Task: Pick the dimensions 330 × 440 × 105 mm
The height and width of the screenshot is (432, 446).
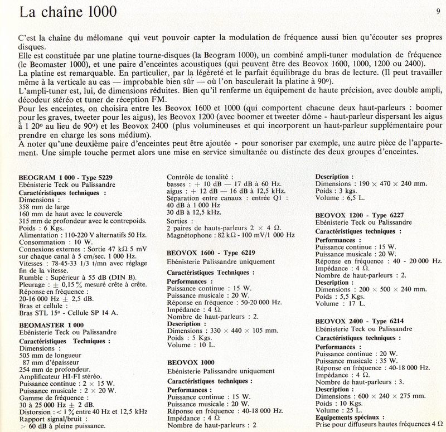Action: [x=223, y=331]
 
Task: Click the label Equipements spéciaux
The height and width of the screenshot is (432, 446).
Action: [x=350, y=417]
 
